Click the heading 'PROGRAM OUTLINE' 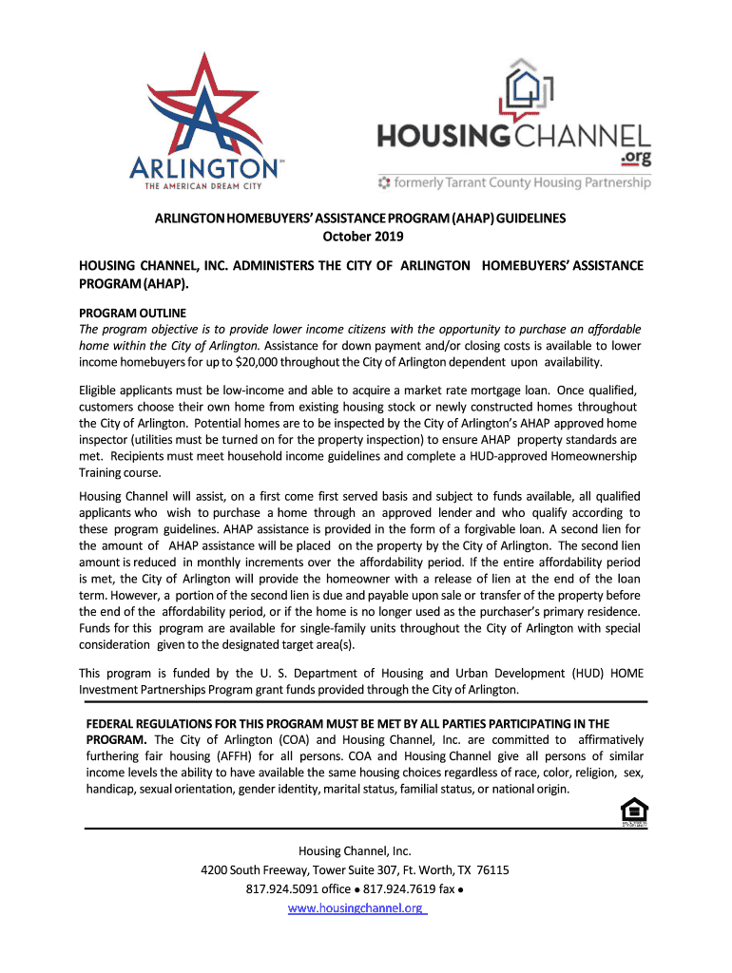point(132,313)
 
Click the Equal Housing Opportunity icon point(634,812)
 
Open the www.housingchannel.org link point(356,908)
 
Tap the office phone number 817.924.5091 point(282,889)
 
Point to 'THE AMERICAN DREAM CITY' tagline point(203,186)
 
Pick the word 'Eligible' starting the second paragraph point(102,391)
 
